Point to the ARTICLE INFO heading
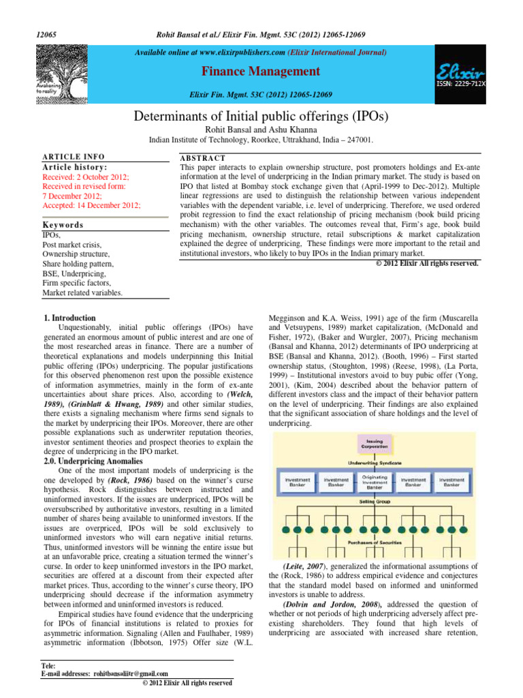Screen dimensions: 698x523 click(71, 157)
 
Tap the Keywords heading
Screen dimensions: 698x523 click(63, 224)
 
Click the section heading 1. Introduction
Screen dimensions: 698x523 click(70, 318)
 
